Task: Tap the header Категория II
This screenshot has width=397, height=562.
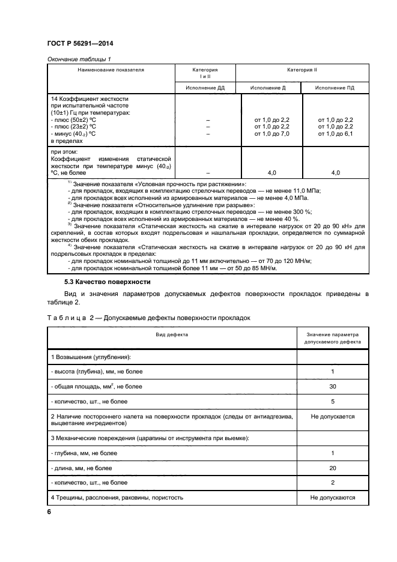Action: coord(302,70)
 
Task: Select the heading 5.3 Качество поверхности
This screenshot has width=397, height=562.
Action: coord(107,282)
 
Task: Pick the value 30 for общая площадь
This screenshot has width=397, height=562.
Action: coord(332,387)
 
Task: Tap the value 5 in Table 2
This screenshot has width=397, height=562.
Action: coord(332,401)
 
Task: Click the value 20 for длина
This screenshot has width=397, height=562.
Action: coord(332,468)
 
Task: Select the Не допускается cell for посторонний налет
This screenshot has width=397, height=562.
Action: coord(332,416)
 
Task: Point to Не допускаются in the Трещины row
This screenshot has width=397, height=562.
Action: coord(332,497)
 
